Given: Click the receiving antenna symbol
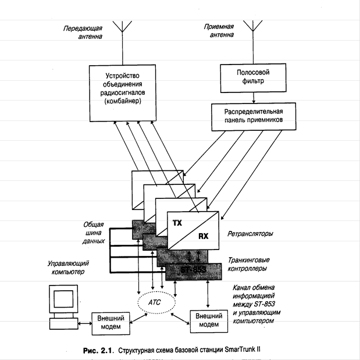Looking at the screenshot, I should point(251,27).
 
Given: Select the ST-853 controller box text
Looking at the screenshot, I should point(192,270).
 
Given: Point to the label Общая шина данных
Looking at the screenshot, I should point(93,231).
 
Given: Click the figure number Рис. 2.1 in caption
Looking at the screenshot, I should point(94,351).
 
